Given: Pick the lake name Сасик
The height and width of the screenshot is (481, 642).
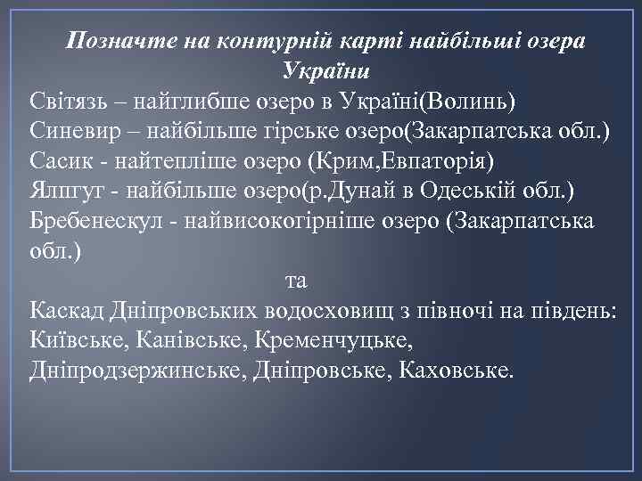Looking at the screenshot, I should (56, 160).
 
